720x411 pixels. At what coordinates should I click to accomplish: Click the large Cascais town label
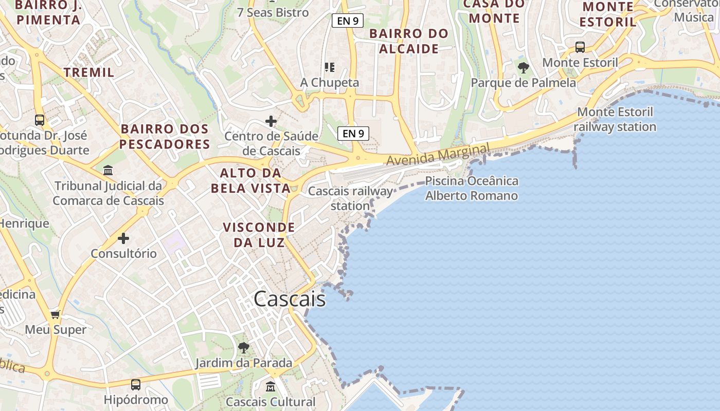(290, 299)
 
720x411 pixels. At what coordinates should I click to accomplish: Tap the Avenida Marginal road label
(438, 155)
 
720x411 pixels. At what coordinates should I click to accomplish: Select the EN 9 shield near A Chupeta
(354, 134)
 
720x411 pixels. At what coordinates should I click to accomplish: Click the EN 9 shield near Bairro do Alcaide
(348, 21)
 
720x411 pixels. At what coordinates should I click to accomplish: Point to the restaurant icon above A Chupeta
(330, 67)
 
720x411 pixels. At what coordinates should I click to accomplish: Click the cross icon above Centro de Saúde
(271, 122)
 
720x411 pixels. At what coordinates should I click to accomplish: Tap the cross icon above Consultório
(123, 238)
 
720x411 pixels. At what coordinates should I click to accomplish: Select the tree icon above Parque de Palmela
(524, 67)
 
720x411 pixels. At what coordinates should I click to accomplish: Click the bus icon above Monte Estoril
(580, 47)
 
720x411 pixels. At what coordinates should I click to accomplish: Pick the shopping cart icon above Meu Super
(56, 314)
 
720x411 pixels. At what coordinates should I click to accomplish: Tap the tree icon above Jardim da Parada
(244, 348)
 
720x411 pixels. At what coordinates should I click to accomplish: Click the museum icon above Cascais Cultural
(271, 386)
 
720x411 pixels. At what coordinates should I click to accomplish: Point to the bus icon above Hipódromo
(136, 384)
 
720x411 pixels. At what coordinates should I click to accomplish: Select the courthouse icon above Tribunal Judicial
(108, 170)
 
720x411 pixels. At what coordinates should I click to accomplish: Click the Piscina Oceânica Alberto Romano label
(472, 188)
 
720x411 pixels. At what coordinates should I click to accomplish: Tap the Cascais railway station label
(350, 198)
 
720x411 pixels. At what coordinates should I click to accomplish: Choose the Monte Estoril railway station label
(615, 119)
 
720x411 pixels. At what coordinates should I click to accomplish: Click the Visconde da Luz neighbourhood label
(259, 234)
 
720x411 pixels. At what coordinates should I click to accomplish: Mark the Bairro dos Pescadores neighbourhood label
(165, 136)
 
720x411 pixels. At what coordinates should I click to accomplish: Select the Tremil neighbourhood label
(89, 72)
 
